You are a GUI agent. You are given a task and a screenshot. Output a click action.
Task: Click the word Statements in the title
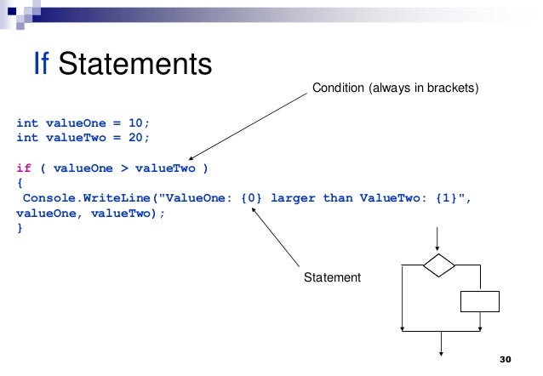135,63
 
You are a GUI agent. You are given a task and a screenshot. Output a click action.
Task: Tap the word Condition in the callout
339,87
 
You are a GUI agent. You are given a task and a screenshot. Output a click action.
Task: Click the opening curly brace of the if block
20,183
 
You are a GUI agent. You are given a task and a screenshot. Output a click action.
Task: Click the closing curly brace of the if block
20,229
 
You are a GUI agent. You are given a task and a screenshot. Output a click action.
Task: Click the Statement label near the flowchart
333,277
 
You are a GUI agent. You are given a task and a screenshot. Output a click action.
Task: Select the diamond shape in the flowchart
439,265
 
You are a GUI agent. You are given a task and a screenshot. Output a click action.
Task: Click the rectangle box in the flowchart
479,301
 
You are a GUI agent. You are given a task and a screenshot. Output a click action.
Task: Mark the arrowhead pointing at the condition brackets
193,158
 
